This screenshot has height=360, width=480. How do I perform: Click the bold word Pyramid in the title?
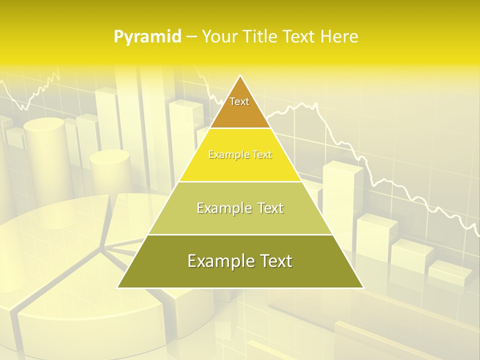coord(147,37)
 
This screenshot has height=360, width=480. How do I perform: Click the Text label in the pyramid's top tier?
coord(239,101)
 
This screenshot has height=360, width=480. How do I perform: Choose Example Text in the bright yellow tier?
coord(240,155)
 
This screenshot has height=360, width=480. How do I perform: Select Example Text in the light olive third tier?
coord(240,208)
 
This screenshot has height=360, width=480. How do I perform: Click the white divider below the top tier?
coord(240,128)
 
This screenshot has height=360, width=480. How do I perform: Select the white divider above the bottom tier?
coord(240,234)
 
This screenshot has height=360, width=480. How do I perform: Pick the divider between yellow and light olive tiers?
coord(240,181)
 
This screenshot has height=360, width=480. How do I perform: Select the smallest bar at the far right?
coord(450,272)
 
